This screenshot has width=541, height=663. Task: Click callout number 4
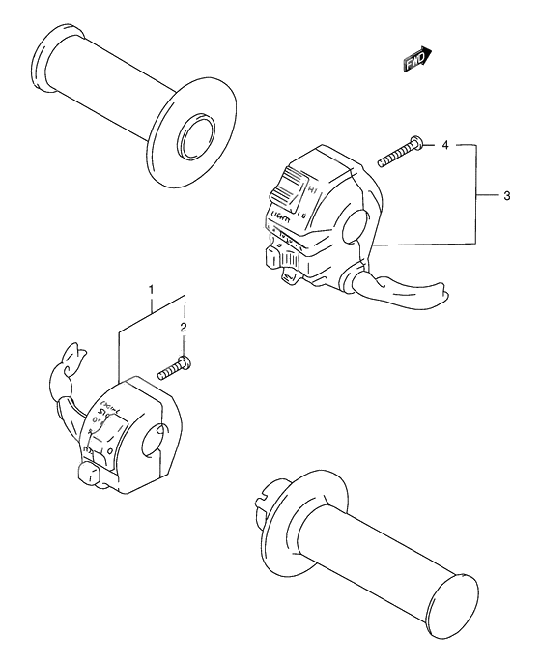click(x=444, y=145)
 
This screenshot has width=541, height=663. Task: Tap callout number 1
click(x=151, y=289)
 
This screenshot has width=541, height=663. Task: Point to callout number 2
click(x=184, y=328)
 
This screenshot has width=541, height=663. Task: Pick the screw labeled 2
click(x=177, y=365)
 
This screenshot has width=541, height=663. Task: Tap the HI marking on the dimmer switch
click(x=310, y=175)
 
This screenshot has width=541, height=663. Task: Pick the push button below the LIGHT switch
click(x=273, y=257)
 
